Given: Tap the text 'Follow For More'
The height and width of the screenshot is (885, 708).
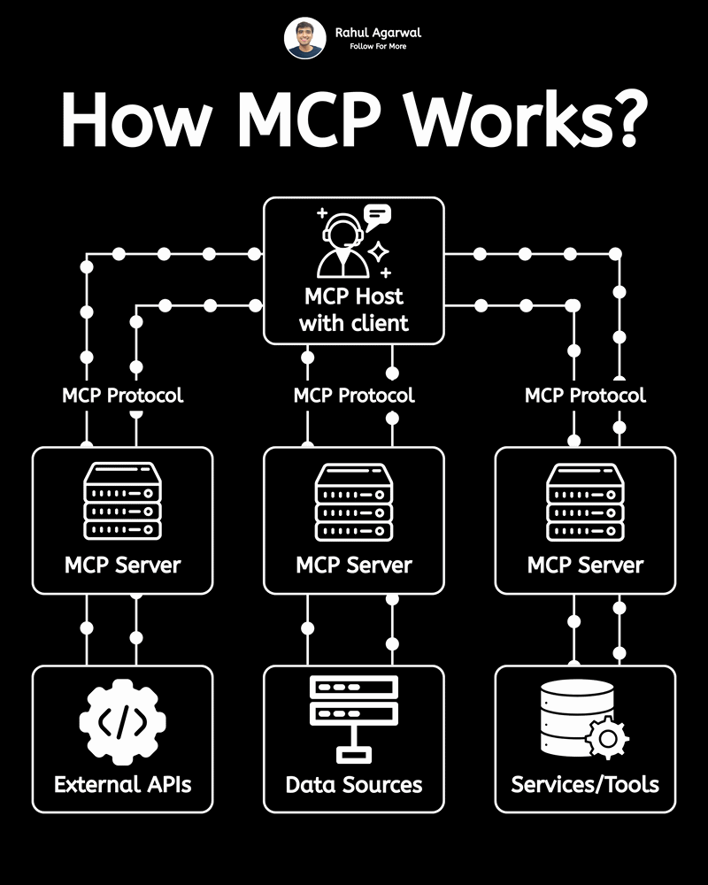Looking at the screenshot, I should (x=378, y=47).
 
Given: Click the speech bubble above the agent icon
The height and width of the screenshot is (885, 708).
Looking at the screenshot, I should (x=377, y=214).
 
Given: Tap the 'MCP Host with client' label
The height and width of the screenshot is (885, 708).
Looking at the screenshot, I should (x=354, y=310).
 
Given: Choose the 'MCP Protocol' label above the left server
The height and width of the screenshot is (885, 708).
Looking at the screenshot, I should (x=122, y=395).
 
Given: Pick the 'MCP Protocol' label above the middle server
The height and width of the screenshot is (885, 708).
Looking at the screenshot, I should (x=354, y=395).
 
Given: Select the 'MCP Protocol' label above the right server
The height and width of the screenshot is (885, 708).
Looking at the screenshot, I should (x=585, y=395).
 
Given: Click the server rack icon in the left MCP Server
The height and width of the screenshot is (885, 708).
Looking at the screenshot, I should (x=122, y=501).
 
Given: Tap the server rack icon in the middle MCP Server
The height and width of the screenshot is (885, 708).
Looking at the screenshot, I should (x=354, y=501).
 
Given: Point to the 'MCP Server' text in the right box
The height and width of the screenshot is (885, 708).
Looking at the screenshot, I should (x=585, y=564).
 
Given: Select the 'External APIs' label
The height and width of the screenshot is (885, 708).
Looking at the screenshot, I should (x=122, y=784).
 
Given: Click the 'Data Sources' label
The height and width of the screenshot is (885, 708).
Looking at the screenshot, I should (x=354, y=784).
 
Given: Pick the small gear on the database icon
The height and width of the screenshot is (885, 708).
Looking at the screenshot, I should (x=608, y=738).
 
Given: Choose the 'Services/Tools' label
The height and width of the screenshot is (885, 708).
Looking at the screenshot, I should (x=585, y=784).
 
